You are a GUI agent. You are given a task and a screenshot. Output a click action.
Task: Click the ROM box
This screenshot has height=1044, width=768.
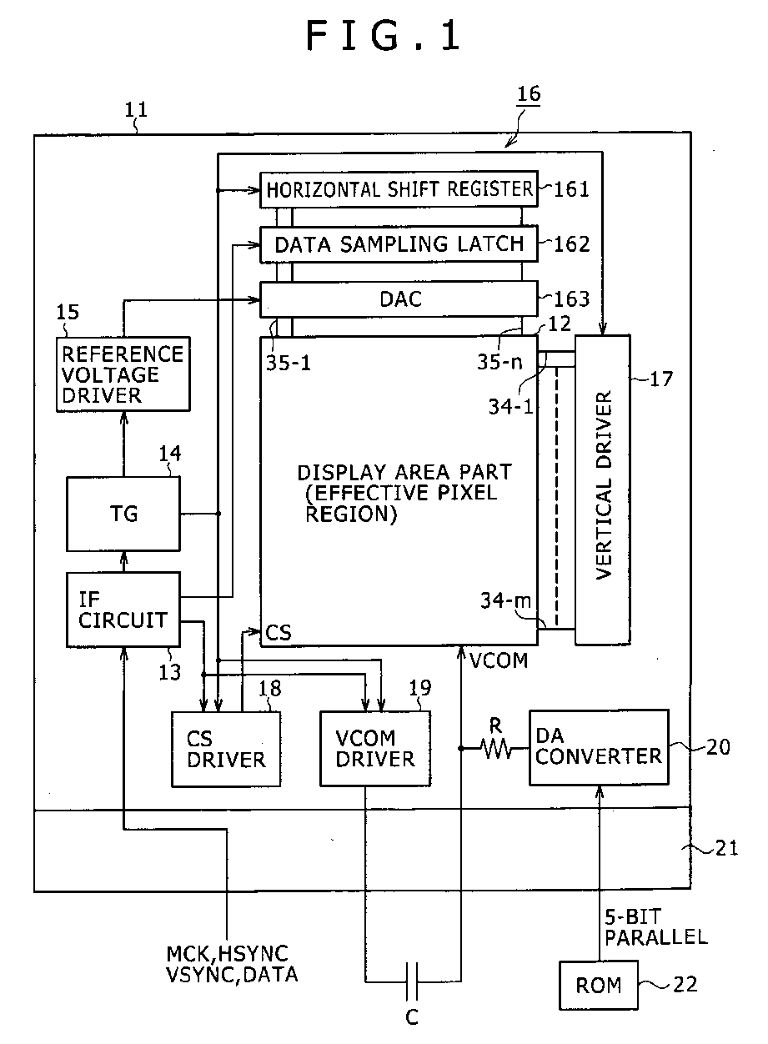pyautogui.click(x=599, y=985)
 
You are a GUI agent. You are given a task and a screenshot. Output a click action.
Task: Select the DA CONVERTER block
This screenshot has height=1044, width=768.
pyautogui.click(x=599, y=747)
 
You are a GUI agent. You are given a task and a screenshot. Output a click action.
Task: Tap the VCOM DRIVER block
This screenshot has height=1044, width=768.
pyautogui.click(x=374, y=749)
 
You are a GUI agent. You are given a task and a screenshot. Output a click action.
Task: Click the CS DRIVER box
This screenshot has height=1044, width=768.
pyautogui.click(x=226, y=749)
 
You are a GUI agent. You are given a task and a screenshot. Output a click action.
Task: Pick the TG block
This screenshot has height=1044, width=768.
pyautogui.click(x=123, y=514)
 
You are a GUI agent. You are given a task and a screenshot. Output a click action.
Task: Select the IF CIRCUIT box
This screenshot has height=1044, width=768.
pyautogui.click(x=123, y=610)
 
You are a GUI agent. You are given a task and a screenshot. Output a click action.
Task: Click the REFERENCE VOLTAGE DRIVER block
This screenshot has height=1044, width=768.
pyautogui.click(x=123, y=374)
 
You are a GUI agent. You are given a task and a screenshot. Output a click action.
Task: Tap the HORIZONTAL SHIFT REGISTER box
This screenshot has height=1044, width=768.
pyautogui.click(x=399, y=189)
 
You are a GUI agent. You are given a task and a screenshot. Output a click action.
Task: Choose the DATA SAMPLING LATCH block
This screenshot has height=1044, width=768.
pyautogui.click(x=399, y=244)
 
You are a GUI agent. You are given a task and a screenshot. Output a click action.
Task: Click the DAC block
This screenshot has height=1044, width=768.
pyautogui.click(x=399, y=299)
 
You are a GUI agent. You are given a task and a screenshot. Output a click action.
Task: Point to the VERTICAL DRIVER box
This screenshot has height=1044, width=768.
pyautogui.click(x=603, y=489)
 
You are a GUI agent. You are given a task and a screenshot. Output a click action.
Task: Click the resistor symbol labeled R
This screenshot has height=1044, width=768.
pyautogui.click(x=496, y=749)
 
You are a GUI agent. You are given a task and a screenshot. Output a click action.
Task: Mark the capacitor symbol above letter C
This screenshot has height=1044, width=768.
pyautogui.click(x=412, y=981)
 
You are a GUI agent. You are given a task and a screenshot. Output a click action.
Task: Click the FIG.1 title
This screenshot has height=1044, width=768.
pyautogui.click(x=384, y=35)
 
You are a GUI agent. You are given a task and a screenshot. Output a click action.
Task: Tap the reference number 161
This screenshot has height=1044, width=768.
pyautogui.click(x=571, y=189)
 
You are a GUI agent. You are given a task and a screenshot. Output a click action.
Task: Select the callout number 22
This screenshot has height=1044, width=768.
pyautogui.click(x=685, y=984)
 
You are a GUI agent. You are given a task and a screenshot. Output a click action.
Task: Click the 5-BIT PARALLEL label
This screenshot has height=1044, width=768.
pyautogui.click(x=656, y=927)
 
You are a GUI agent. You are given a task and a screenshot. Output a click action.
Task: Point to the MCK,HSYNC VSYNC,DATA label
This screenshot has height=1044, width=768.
pyautogui.click(x=232, y=964)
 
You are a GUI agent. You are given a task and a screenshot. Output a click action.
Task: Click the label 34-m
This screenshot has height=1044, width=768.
pyautogui.click(x=505, y=600)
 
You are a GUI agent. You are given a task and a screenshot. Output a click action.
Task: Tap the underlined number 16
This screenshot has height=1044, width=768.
pyautogui.click(x=529, y=94)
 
